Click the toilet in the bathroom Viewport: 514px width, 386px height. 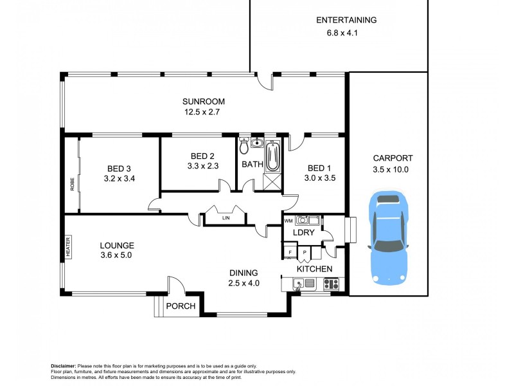tap(244, 147)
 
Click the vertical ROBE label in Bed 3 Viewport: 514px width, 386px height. tap(72, 184)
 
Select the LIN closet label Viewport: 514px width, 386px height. tap(226, 218)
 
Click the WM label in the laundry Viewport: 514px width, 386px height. tap(288, 221)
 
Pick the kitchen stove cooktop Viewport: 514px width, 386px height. tap(332, 282)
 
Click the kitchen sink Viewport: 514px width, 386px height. tap(299, 282)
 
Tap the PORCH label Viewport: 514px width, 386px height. tap(181, 306)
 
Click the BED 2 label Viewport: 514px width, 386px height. tap(202, 156)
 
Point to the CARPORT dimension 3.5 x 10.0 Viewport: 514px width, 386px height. tap(391, 170)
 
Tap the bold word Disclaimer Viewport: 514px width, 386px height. tap(64, 365)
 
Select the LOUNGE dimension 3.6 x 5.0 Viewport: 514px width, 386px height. tap(116, 255)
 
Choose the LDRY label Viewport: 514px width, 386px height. tap(303, 232)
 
